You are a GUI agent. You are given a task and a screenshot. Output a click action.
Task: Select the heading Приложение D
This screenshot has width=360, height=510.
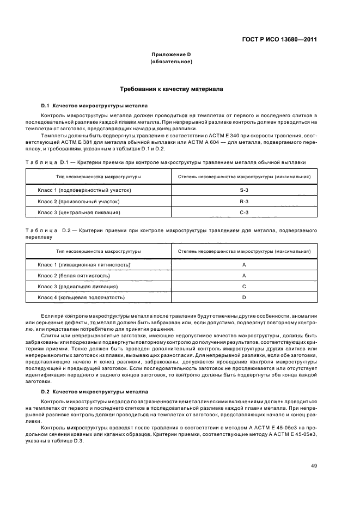171,55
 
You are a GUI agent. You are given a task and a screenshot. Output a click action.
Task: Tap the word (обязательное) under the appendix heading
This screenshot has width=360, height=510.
171,62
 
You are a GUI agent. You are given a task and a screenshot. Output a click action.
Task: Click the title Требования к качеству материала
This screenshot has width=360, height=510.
171,88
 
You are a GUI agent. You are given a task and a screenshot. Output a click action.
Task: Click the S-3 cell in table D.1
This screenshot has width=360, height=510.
244,190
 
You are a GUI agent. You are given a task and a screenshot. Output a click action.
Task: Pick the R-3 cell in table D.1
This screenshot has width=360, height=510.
244,201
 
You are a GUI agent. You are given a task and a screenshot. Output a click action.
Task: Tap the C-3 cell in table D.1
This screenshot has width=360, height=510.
244,212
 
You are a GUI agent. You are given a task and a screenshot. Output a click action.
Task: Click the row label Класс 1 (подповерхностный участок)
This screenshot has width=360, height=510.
84,190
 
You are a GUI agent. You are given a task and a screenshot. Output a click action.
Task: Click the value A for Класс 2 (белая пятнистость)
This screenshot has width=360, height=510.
244,276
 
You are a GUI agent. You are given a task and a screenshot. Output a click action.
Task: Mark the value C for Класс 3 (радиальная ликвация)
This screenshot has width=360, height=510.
244,287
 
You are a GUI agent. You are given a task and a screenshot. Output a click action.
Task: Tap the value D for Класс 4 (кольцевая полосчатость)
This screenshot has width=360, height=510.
244,297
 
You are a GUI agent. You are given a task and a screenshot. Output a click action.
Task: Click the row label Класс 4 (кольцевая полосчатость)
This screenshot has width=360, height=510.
81,297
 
